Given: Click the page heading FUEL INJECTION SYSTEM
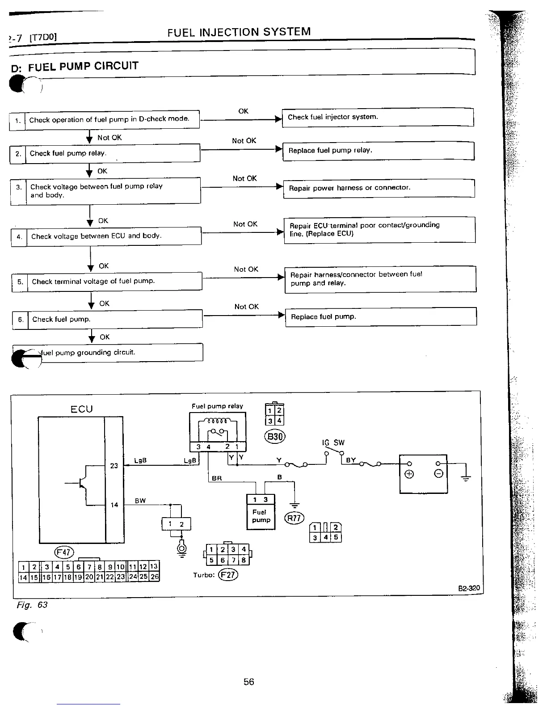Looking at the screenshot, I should coord(239,32).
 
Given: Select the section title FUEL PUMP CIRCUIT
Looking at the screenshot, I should coord(83,67).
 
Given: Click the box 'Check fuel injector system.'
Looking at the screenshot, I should coord(377,117).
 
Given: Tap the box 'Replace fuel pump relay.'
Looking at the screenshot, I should coord(378,151).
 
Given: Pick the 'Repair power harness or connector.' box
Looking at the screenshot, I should coord(379,188).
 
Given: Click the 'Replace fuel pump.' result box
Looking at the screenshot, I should coord(381,317).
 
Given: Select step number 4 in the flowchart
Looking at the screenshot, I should coord(19,236).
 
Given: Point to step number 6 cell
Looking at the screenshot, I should coord(20,319).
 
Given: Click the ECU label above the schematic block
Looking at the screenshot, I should coord(81,409).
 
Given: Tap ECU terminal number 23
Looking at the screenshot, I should coord(114,466).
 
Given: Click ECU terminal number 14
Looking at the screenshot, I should coord(114,505).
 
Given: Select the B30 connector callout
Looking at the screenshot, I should coord(275,436).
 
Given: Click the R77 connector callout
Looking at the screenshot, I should coord(294,518).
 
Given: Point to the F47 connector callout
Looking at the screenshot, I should coord(63,552).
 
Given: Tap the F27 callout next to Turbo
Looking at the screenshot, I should coord(228,575).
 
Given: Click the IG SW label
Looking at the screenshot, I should coord(333,442).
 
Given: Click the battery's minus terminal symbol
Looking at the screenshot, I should coord(439,474).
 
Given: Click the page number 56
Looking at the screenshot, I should coord(249,682).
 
